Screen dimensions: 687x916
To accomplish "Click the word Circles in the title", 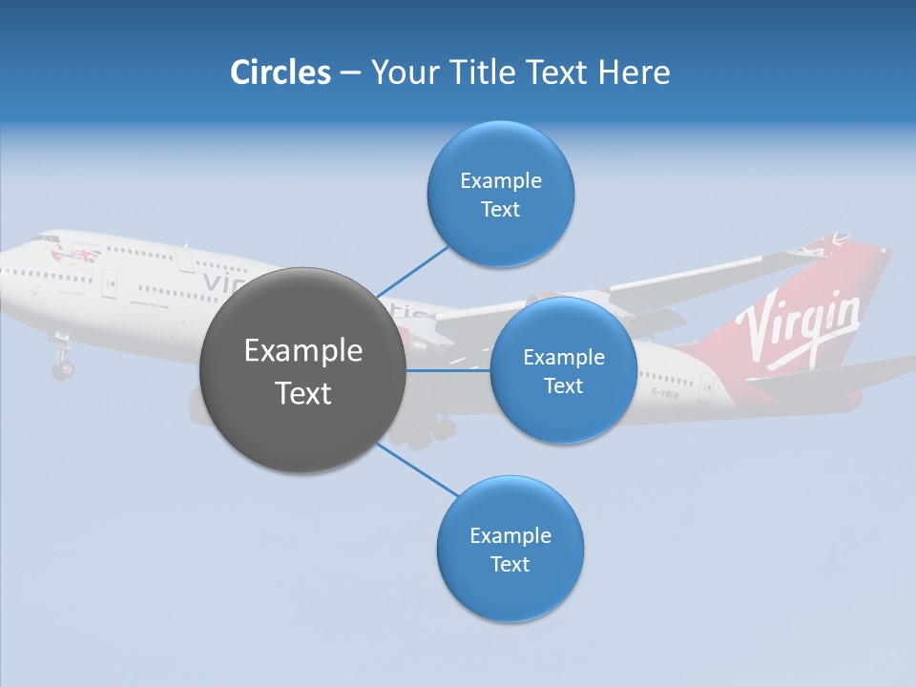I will (x=280, y=73).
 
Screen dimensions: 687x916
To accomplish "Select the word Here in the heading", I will (x=634, y=73).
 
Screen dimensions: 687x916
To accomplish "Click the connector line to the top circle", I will (x=412, y=271).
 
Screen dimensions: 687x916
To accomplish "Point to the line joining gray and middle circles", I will (x=448, y=370).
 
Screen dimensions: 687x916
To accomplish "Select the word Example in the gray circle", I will (x=303, y=351).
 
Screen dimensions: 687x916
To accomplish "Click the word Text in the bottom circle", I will (x=510, y=565).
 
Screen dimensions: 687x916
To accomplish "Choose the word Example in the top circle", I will (x=500, y=181).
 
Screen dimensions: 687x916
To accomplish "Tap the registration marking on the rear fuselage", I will (x=665, y=391).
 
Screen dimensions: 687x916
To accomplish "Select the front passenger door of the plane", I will (x=110, y=281).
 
